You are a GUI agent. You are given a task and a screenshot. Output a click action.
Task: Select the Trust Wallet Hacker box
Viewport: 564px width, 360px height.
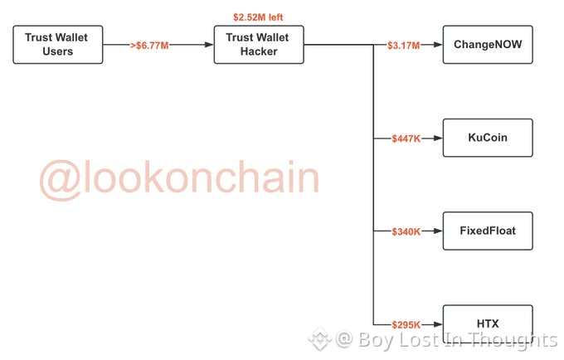(x=259, y=44)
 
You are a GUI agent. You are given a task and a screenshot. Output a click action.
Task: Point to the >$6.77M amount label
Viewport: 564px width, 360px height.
(x=150, y=45)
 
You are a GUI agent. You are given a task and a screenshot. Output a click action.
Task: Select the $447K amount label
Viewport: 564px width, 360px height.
(x=406, y=138)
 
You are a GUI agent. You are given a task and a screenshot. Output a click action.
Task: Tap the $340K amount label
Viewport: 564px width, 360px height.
(x=406, y=231)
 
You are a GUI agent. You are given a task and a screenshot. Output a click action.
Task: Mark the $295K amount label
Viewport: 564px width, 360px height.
(x=406, y=324)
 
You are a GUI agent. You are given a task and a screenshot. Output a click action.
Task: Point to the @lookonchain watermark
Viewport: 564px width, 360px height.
(x=179, y=178)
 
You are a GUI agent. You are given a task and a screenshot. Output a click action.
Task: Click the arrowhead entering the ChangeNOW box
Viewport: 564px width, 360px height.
(x=439, y=45)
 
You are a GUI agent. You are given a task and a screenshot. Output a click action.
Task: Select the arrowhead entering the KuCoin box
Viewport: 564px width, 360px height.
(x=439, y=138)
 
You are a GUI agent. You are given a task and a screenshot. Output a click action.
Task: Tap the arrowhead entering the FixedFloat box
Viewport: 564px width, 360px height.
(x=439, y=231)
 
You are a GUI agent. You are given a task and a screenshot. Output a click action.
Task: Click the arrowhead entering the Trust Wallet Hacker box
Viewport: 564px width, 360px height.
(x=209, y=45)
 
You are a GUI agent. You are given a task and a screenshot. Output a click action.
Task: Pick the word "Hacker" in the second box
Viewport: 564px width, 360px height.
(x=259, y=51)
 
